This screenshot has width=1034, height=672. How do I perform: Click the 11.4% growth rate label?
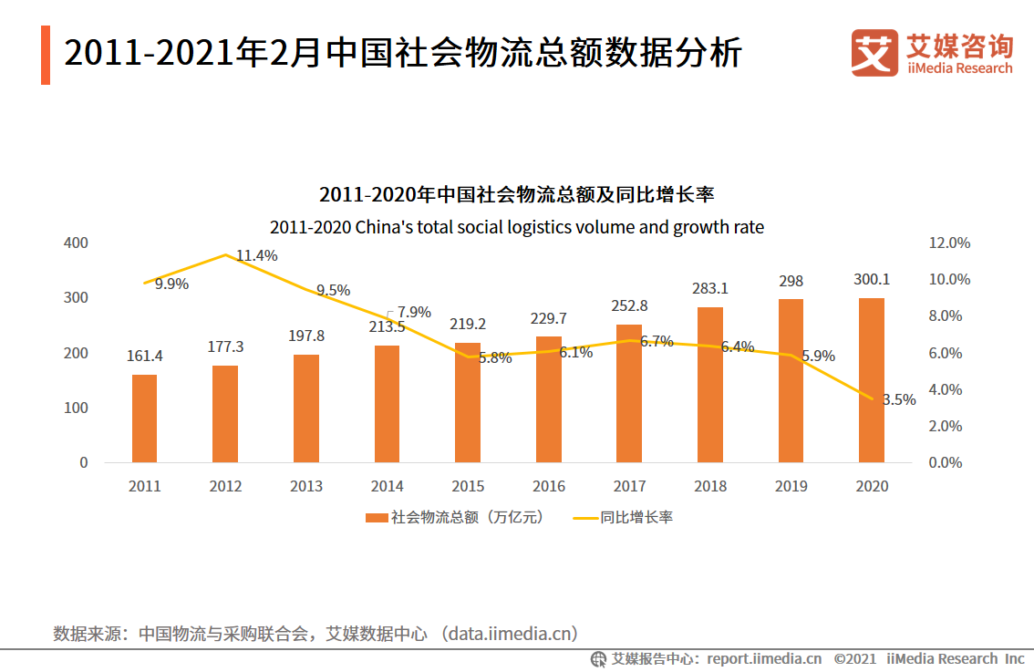tap(256, 256)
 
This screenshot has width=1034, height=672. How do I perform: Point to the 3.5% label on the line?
tap(899, 399)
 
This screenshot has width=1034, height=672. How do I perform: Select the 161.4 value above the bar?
tap(144, 356)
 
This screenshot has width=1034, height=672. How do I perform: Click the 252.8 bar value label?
tap(629, 305)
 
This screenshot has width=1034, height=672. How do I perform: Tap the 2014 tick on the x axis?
tap(387, 486)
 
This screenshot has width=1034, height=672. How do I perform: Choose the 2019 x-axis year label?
tap(791, 486)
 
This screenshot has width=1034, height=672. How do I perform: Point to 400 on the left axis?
tap(77, 243)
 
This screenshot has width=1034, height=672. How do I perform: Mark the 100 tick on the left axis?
tap(77, 408)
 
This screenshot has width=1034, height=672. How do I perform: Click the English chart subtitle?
tap(517, 227)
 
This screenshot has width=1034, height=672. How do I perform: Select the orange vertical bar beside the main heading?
tap(46, 56)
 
